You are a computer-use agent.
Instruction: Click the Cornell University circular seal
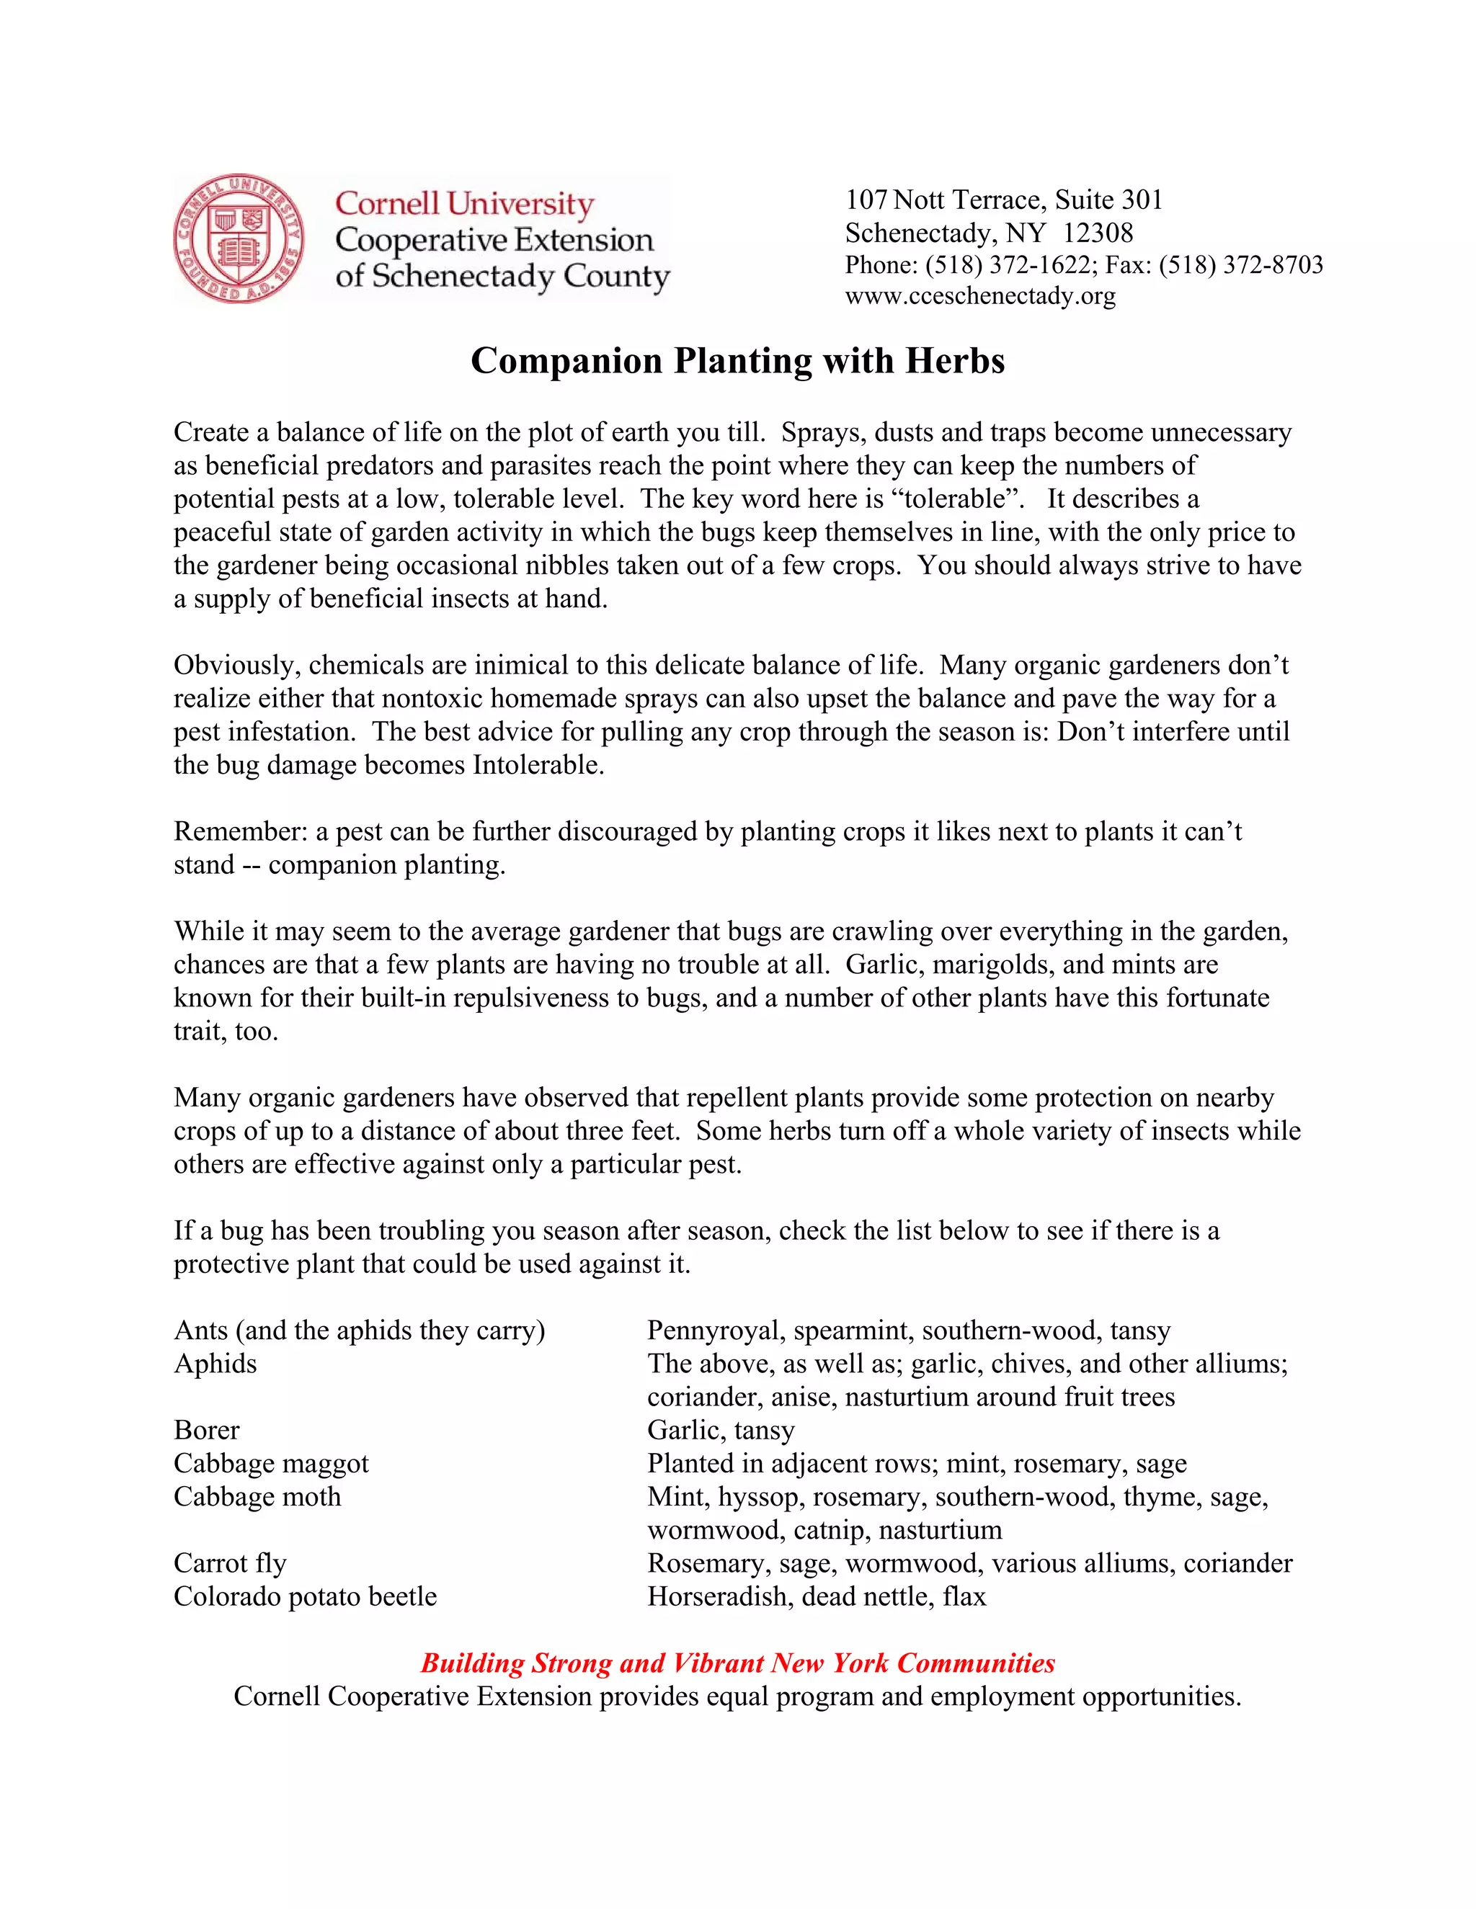239,238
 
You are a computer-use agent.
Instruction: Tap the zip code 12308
1098,233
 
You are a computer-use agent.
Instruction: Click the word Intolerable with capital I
538,765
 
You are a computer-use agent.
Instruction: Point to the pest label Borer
206,1430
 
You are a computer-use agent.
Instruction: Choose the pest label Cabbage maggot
271,1463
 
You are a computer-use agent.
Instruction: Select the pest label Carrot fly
230,1563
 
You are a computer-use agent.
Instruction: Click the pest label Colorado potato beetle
305,1596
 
